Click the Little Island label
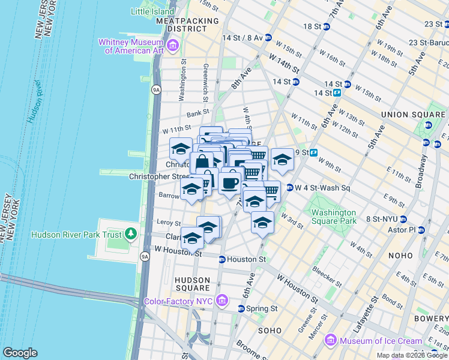click(151, 11)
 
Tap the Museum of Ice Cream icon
click(330, 341)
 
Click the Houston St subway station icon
click(222, 260)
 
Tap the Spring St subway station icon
click(241, 308)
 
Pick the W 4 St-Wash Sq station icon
click(289, 188)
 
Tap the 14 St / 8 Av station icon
click(268, 37)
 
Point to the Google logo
click(20, 353)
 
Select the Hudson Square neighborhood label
click(192, 284)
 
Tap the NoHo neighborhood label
click(417, 255)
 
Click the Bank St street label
click(197, 112)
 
